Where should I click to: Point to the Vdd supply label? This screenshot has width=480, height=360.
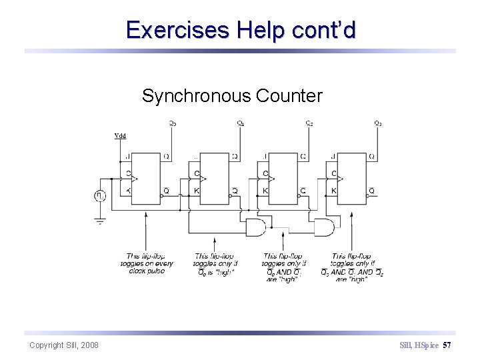[x=120, y=135]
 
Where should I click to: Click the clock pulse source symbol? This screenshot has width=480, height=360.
[x=101, y=196]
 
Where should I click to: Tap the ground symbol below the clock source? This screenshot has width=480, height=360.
[x=101, y=221]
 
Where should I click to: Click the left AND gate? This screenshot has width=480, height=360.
[x=255, y=227]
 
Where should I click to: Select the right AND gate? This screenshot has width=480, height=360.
[x=325, y=227]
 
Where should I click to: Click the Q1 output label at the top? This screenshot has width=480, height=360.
[x=241, y=123]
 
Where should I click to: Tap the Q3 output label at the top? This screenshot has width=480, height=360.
[x=378, y=123]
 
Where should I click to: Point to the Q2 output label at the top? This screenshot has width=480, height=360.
[x=309, y=123]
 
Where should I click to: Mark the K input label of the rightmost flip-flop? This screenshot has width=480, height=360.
[x=334, y=191]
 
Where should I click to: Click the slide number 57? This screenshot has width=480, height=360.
[x=447, y=345]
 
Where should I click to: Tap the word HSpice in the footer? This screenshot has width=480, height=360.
[x=427, y=345]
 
